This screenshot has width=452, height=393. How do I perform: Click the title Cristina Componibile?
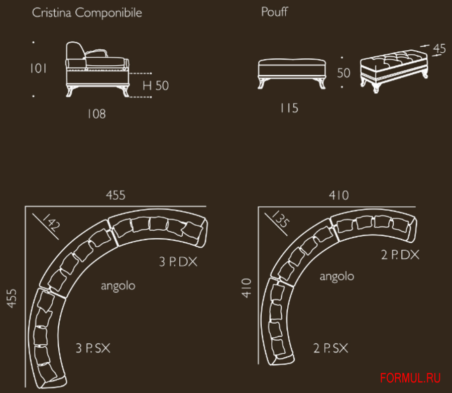pos(87,13)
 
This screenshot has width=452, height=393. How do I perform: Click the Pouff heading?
pos(274,12)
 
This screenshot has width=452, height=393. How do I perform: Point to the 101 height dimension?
pos(38,68)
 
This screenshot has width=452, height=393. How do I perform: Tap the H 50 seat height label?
pos(156,85)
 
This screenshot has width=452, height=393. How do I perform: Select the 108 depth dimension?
pos(96,114)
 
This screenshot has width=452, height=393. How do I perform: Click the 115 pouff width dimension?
pos(289,108)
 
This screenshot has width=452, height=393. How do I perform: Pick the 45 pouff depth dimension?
pos(439,48)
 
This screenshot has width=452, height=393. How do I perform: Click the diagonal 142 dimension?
pos(51,222)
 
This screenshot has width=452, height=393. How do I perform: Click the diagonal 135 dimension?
pos(280,219)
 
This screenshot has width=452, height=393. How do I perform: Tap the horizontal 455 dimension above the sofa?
pos(116,195)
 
